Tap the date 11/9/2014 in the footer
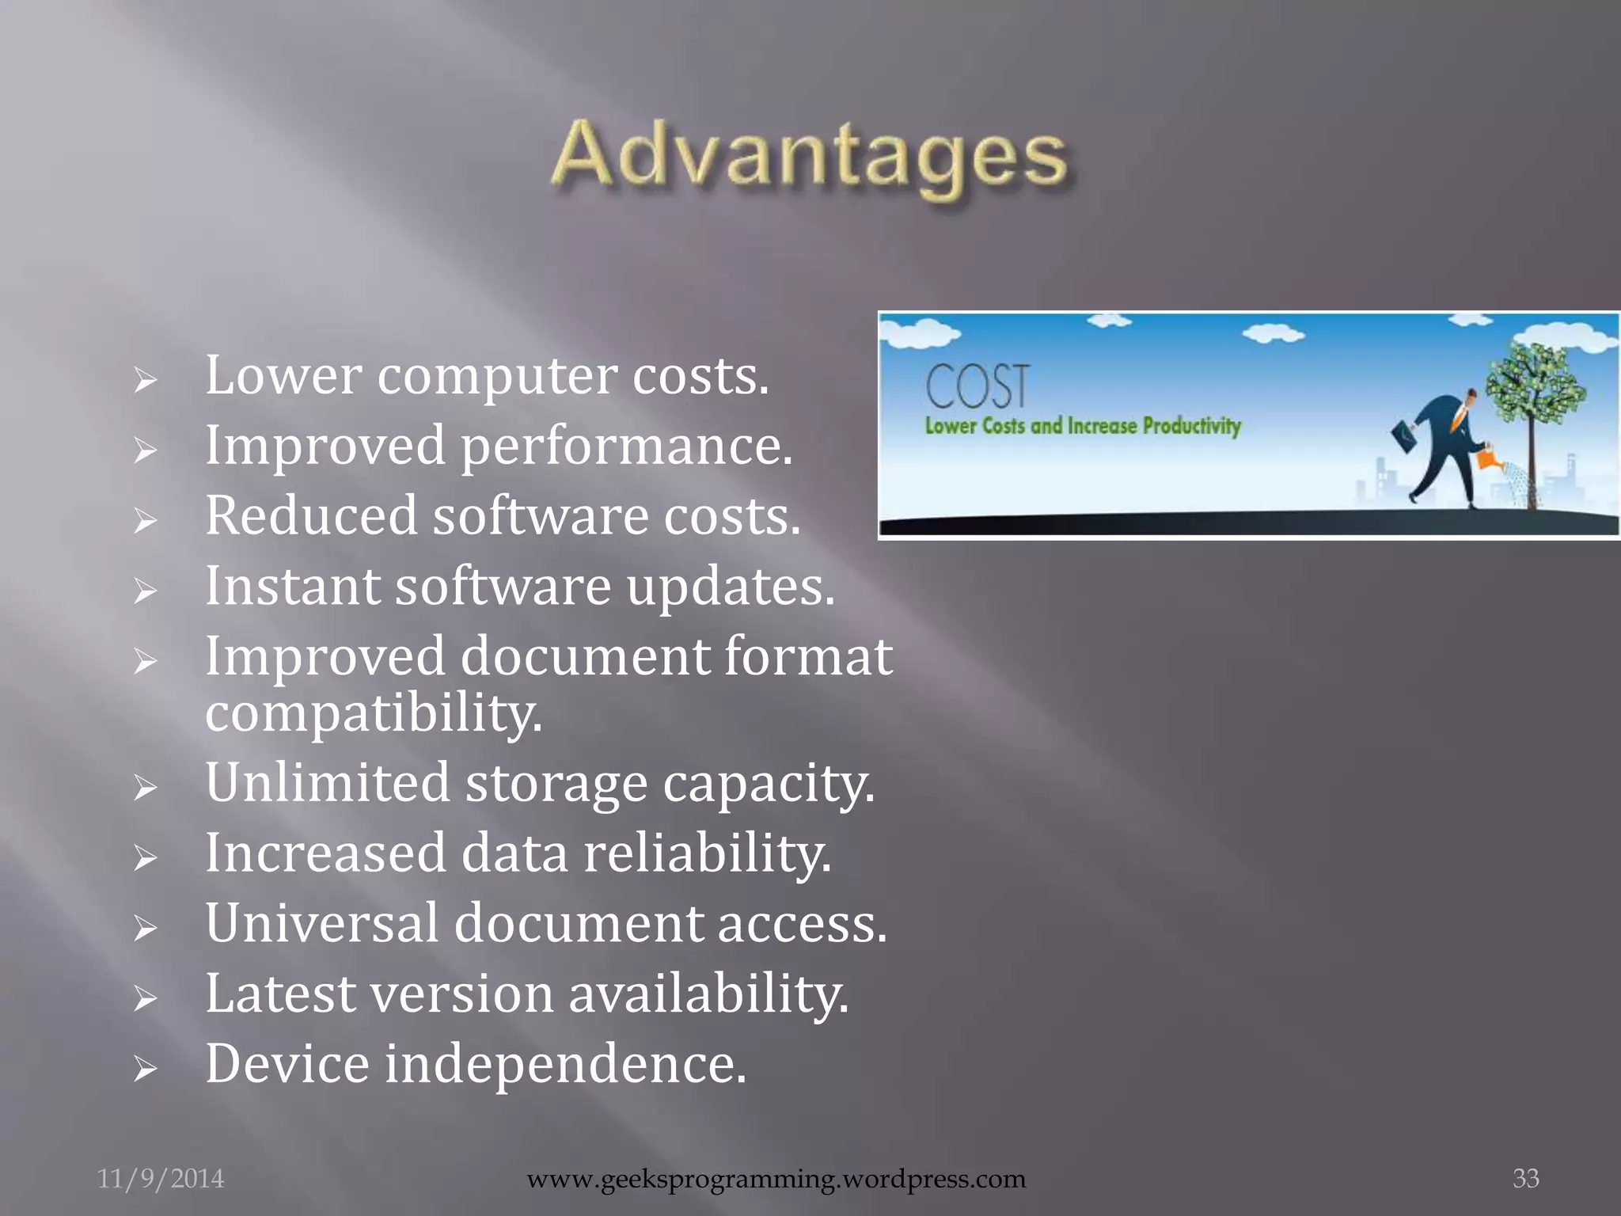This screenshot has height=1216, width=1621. [x=161, y=1179]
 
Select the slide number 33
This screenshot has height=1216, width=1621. [x=1525, y=1178]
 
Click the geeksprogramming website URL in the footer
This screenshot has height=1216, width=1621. [x=776, y=1179]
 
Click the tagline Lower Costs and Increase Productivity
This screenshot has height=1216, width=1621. [x=1082, y=426]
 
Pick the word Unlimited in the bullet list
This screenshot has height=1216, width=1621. [x=328, y=783]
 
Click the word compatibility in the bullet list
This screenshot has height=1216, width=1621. [x=374, y=712]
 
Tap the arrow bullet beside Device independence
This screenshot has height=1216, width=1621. [x=145, y=1070]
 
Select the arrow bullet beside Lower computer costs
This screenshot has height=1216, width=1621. [x=145, y=381]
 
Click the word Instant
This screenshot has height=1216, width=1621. [x=293, y=587]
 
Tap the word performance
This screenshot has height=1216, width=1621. [x=626, y=446]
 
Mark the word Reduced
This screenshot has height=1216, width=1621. [x=311, y=516]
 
